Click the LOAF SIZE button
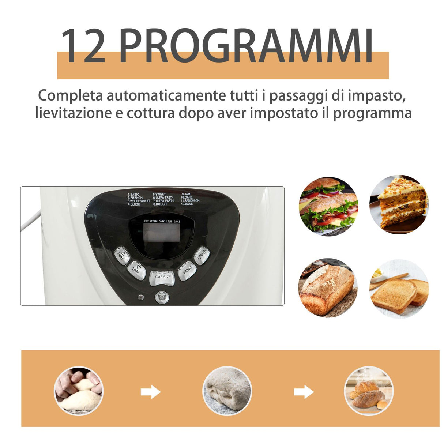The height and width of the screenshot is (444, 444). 162,277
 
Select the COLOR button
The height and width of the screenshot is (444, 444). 202,255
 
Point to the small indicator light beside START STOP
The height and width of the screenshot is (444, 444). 140,297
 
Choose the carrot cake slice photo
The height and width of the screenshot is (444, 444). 399,205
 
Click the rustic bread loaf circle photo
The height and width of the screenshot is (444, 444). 328,288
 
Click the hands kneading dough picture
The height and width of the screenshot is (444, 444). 79,391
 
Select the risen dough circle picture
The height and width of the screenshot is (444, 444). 227,391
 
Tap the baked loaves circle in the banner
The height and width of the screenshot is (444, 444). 369,391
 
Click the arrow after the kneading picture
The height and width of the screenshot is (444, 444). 150,392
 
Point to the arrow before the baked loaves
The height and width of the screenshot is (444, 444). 304,392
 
